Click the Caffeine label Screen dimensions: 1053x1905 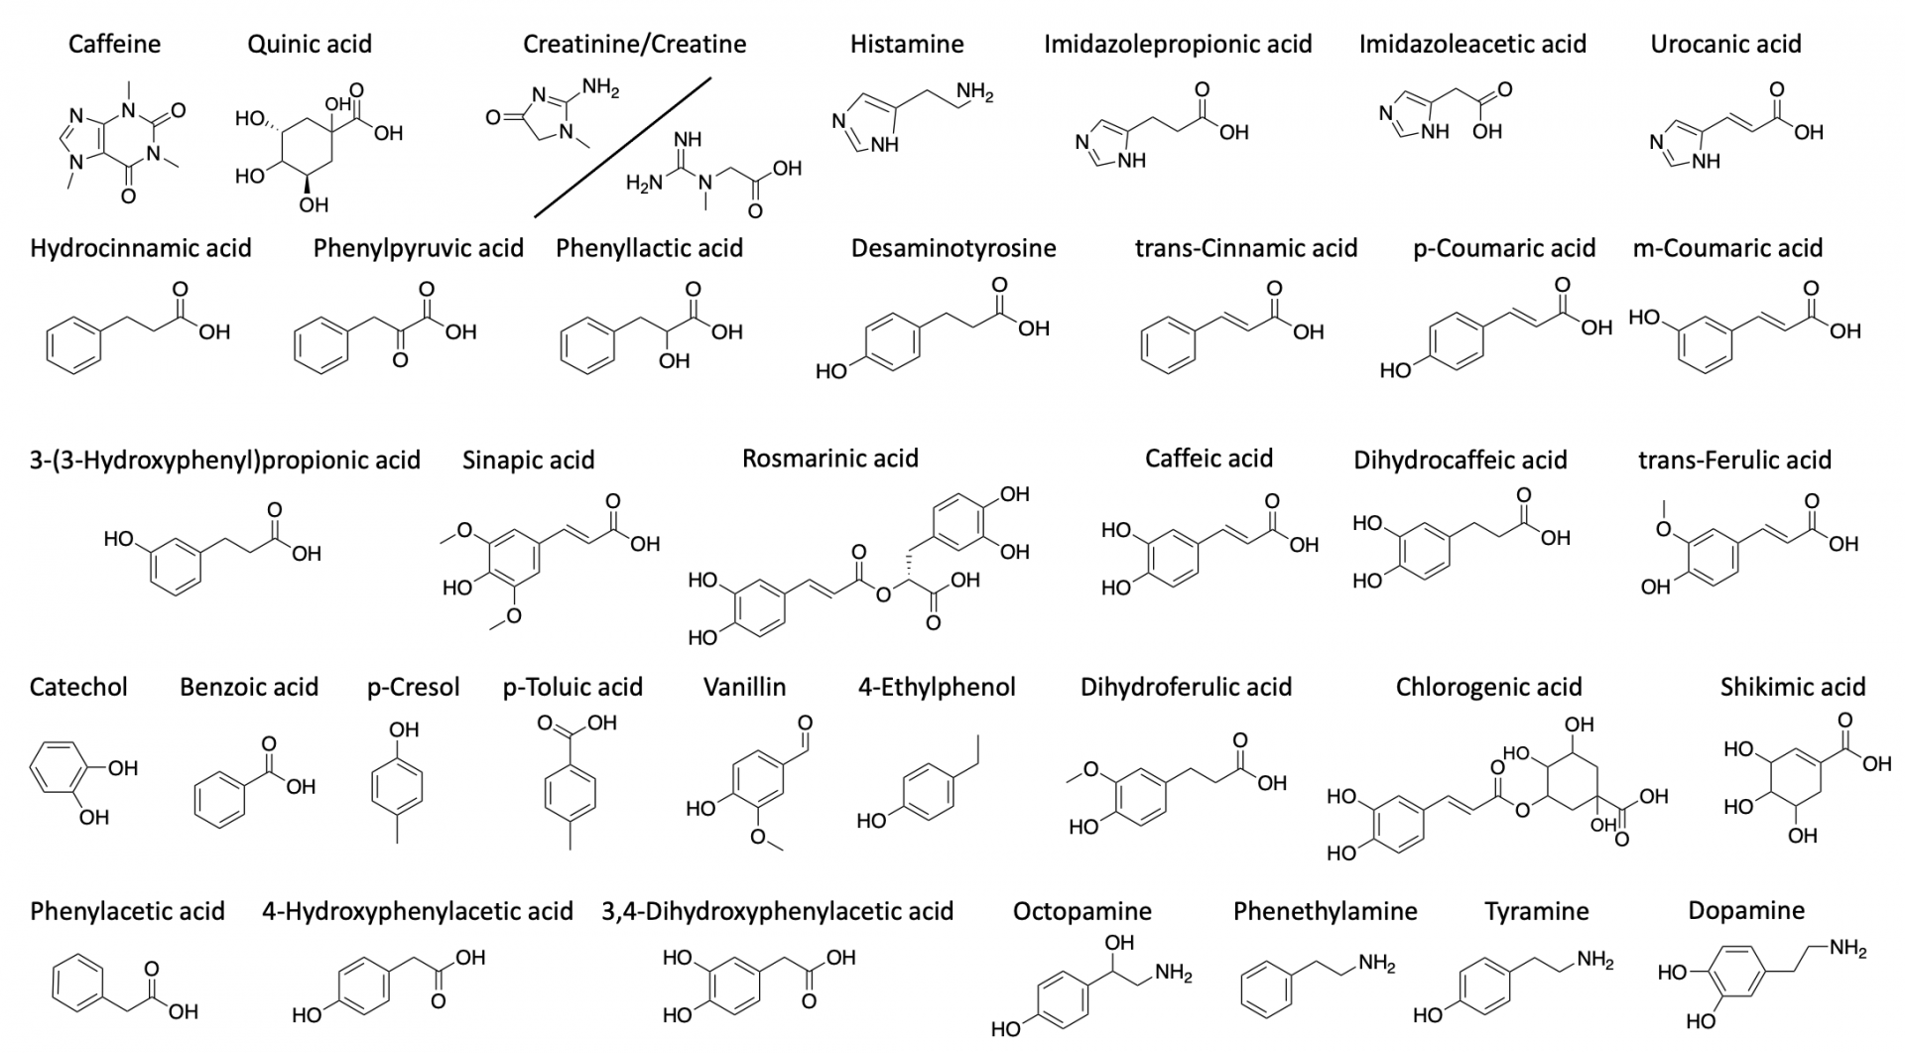point(114,45)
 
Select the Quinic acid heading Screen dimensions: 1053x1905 point(310,45)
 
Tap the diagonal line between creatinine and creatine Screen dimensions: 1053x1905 point(623,147)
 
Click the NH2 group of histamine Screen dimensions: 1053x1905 point(974,94)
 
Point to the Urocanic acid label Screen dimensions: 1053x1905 point(1725,45)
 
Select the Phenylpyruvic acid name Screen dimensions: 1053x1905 point(418,248)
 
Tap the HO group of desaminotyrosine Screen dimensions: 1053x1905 point(830,372)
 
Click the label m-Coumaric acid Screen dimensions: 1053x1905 point(1727,248)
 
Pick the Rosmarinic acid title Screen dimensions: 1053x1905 point(829,459)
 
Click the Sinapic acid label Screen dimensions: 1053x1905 point(528,461)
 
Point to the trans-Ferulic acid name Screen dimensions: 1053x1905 point(1734,461)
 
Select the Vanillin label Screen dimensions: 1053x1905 point(744,687)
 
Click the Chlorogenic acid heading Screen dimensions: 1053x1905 point(1488,687)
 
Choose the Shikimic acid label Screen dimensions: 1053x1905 point(1792,687)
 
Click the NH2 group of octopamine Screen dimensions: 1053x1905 point(1173,974)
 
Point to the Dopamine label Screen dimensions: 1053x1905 point(1745,911)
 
